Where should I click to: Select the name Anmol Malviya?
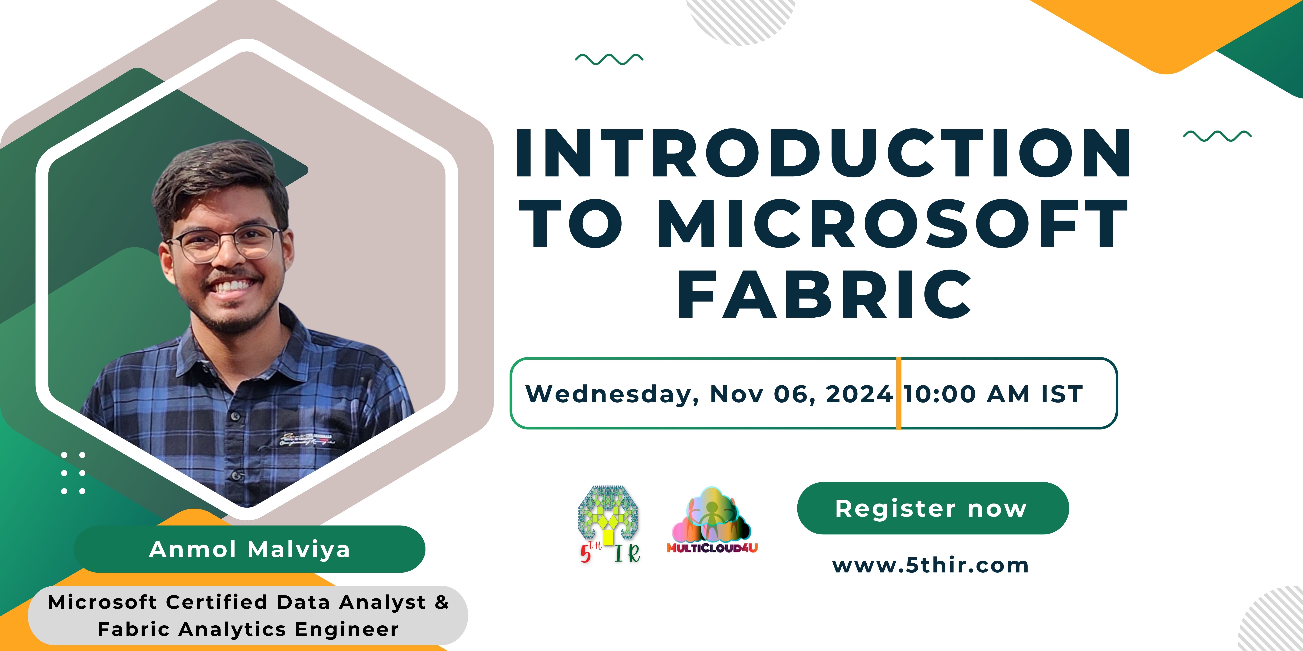(249, 549)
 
